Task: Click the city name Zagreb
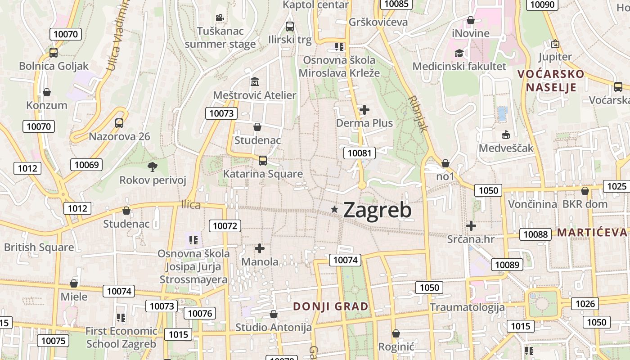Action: [x=377, y=210]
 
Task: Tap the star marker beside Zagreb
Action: [x=334, y=209]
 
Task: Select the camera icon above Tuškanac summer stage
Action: [x=220, y=18]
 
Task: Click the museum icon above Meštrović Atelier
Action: [x=255, y=82]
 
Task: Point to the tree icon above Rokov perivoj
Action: [x=153, y=167]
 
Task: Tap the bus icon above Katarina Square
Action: [x=263, y=160]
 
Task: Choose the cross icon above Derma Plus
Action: [x=364, y=109]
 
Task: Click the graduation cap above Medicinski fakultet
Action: [x=459, y=53]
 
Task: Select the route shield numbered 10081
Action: [x=360, y=153]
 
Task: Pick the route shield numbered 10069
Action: [x=86, y=165]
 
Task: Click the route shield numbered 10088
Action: [x=536, y=234]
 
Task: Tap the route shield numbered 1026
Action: [x=585, y=304]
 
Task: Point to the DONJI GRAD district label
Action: [x=331, y=306]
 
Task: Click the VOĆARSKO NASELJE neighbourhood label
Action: [x=551, y=80]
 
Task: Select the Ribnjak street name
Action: [x=418, y=113]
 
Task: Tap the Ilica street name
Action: [x=191, y=205]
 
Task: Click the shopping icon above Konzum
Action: [x=47, y=92]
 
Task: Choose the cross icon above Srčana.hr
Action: [x=471, y=225]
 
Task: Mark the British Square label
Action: [x=39, y=247]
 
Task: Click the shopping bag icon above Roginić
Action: [x=396, y=333]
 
